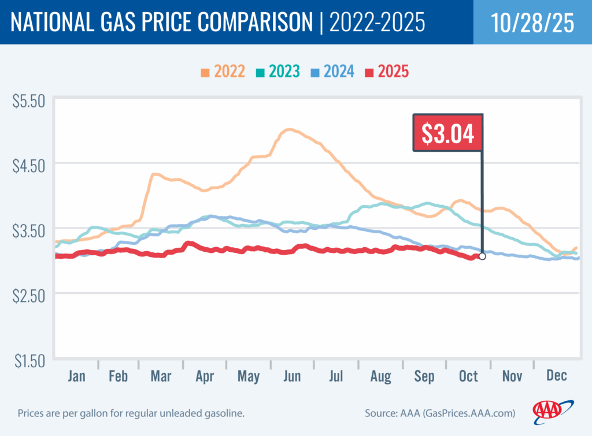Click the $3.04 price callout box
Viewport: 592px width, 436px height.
(447, 133)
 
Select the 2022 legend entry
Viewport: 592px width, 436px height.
(223, 72)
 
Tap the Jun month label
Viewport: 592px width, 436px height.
(292, 377)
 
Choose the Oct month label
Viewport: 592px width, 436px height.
(468, 377)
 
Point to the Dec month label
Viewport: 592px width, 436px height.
(556, 377)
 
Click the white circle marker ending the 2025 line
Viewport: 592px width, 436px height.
(482, 256)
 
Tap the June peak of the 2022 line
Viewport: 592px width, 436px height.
(290, 130)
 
